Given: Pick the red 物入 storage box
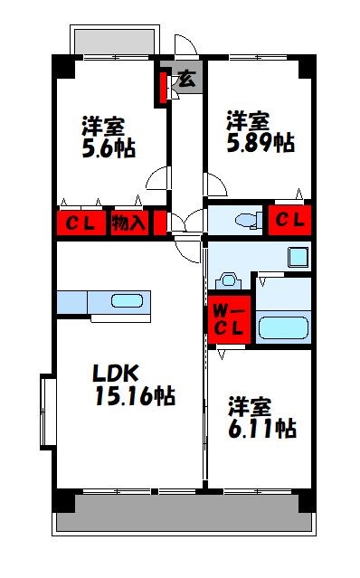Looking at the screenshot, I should tap(128, 223).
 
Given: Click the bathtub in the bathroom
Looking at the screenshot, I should tap(284, 327).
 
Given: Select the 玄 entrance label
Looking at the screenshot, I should tap(185, 79).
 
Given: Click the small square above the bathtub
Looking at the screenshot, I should tap(298, 257).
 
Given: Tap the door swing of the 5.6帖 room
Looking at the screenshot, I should tap(157, 178).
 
